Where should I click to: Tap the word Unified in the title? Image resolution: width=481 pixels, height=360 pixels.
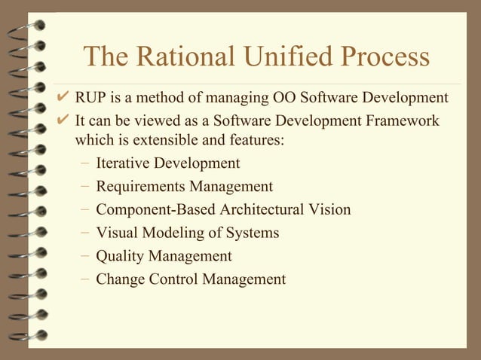click(x=294, y=57)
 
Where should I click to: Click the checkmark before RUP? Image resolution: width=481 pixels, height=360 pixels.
click(x=63, y=99)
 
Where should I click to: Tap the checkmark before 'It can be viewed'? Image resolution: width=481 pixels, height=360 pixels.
click(x=63, y=121)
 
